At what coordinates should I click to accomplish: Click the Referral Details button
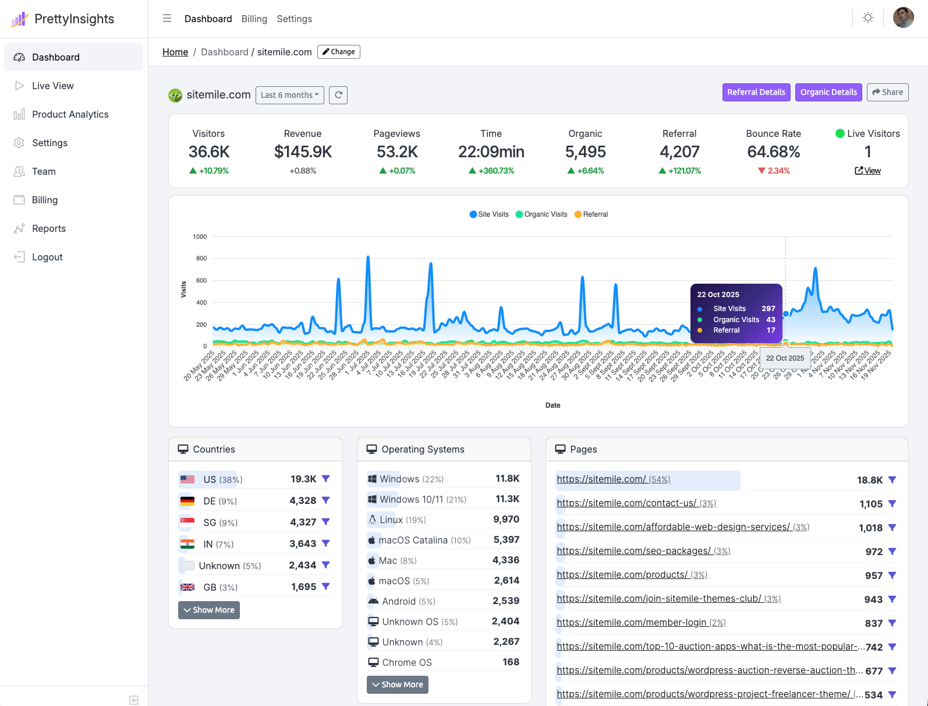point(756,92)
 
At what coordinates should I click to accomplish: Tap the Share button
point(887,92)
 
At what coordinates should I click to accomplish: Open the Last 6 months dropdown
point(289,95)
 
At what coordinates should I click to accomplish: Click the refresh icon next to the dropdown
point(338,95)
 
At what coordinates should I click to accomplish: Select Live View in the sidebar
point(52,86)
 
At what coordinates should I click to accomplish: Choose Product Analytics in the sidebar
point(70,114)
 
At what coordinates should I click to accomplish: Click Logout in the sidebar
point(47,257)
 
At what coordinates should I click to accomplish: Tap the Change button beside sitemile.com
point(339,52)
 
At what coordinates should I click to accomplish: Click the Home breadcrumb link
point(175,52)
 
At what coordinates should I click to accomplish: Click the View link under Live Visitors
point(867,171)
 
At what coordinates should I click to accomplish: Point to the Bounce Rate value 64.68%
point(773,152)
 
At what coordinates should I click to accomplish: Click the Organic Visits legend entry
point(541,214)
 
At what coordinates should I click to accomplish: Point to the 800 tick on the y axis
point(201,258)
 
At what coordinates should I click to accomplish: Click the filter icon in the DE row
point(326,500)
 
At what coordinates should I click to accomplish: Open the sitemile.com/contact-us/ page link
point(626,503)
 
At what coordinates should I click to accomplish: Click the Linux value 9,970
point(506,519)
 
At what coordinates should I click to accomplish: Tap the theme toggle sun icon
point(868,18)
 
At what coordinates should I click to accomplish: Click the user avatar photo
point(903,17)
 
